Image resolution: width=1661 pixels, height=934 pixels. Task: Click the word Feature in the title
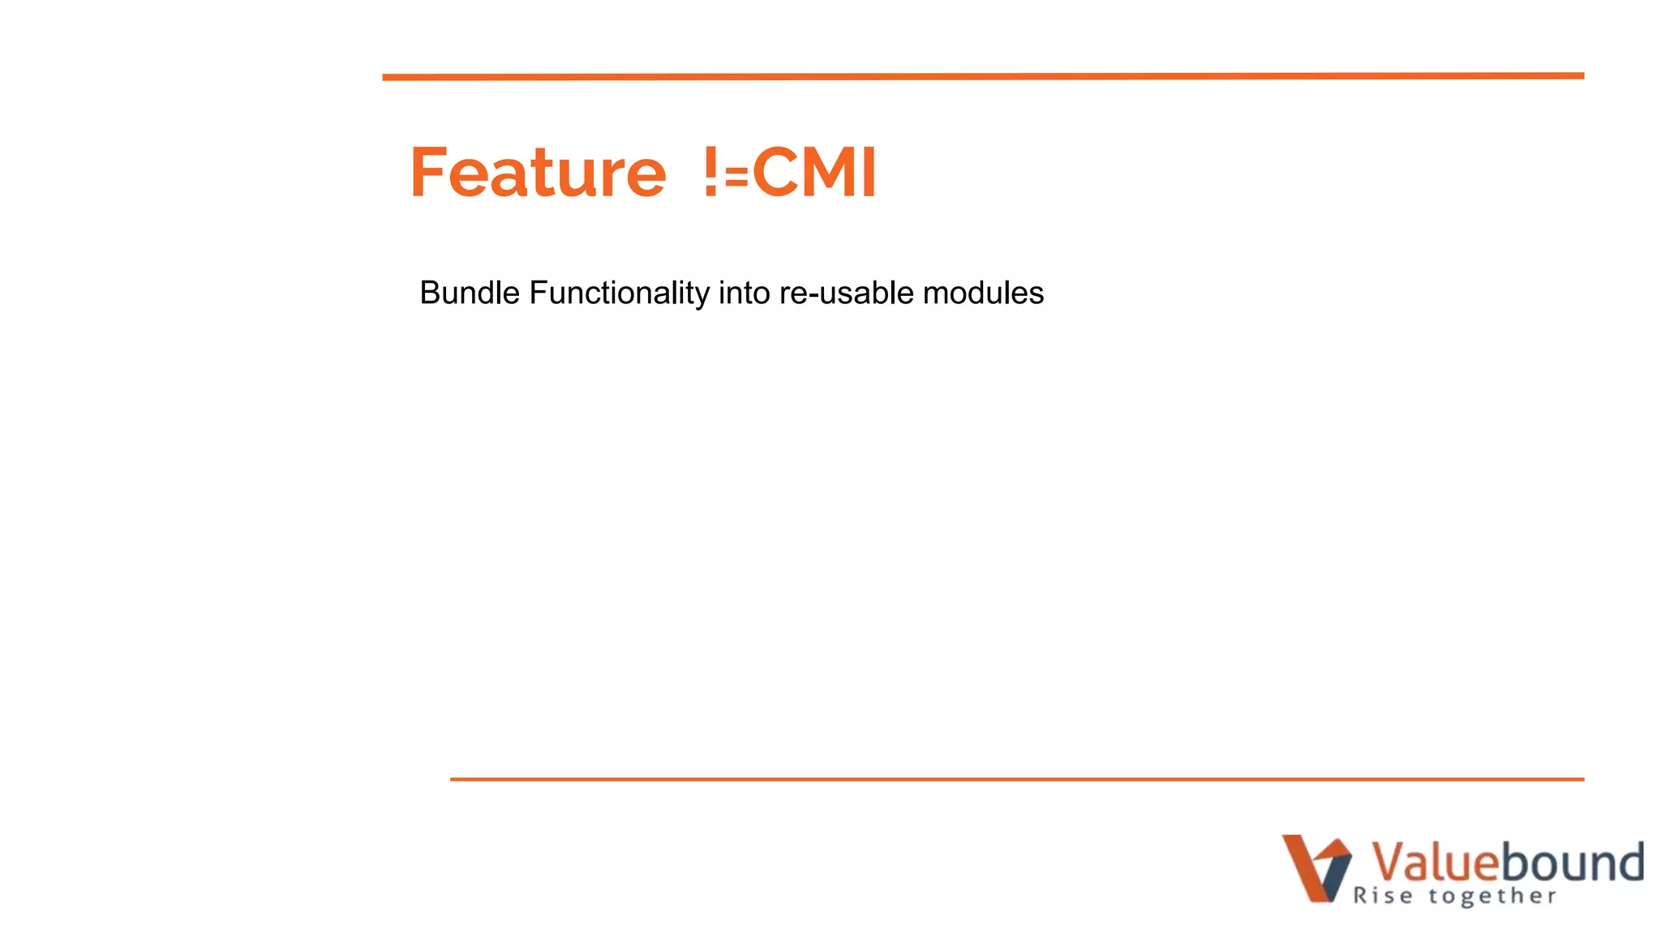tap(538, 172)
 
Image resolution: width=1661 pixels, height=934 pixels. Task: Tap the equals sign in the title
tap(736, 178)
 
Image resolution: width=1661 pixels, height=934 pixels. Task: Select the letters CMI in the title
tap(814, 172)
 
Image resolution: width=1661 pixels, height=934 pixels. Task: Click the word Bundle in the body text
tap(470, 293)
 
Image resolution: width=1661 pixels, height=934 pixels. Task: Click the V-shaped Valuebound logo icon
tap(1316, 868)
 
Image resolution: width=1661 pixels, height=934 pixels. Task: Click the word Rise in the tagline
tap(1383, 896)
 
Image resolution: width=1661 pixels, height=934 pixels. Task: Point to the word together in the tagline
tap(1492, 896)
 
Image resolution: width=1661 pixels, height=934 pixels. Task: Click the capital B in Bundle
tap(430, 293)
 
